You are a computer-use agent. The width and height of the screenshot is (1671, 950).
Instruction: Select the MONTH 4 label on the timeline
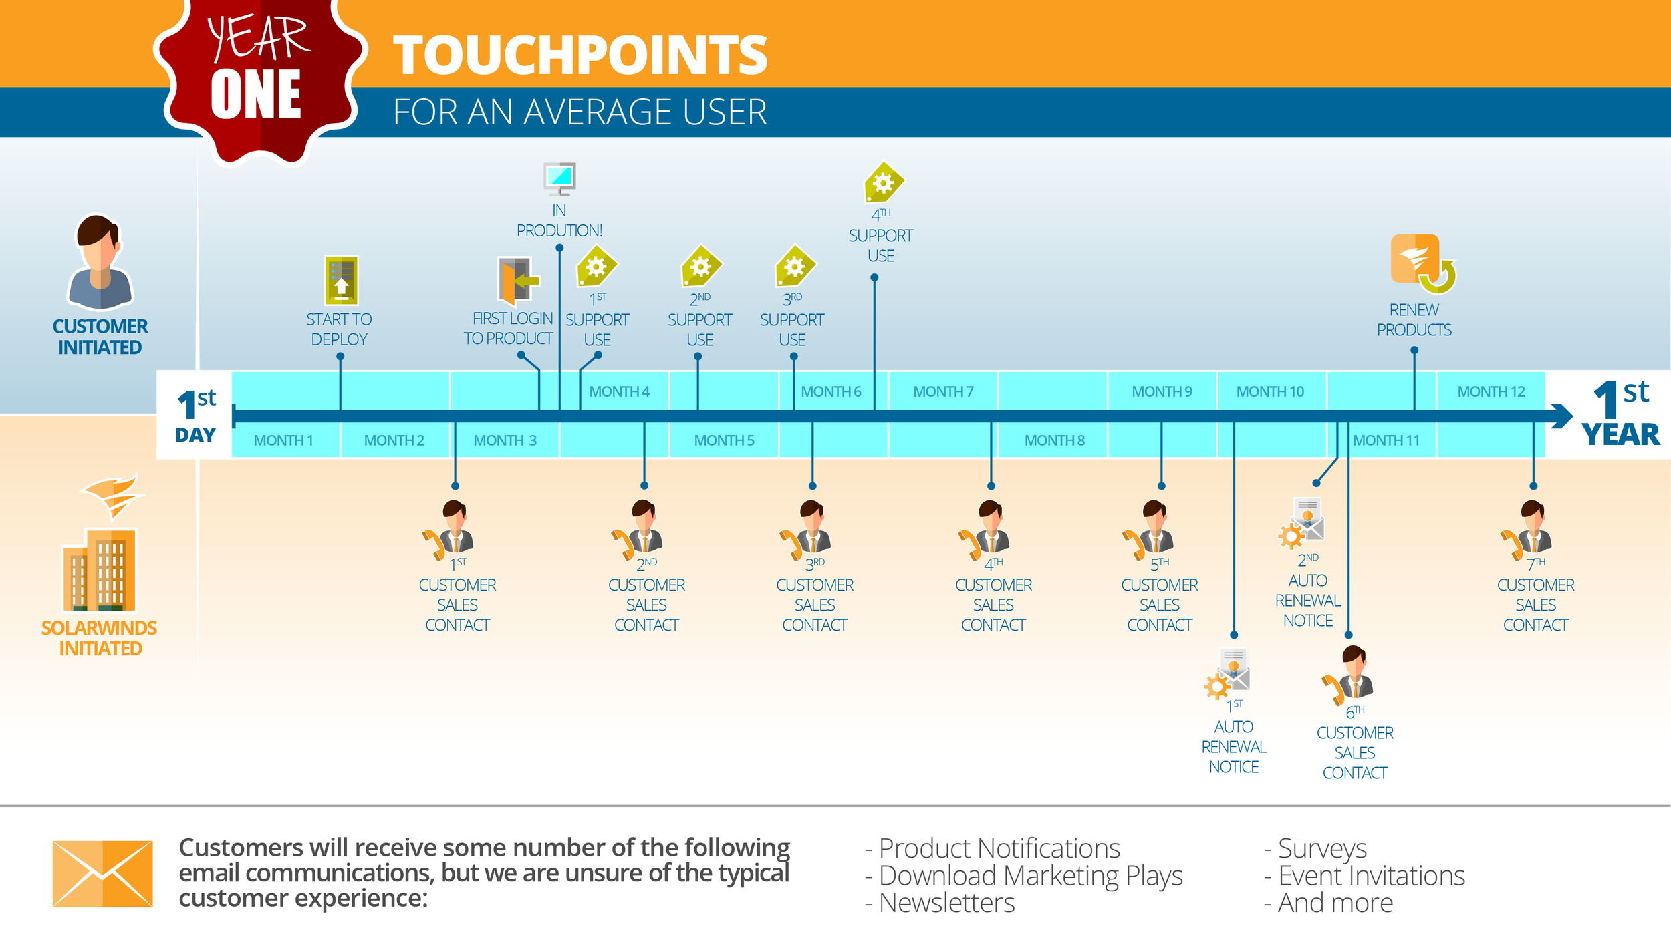tap(619, 391)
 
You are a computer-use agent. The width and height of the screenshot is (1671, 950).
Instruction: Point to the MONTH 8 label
tap(1054, 440)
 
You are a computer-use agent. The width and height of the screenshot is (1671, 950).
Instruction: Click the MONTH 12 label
tap(1491, 391)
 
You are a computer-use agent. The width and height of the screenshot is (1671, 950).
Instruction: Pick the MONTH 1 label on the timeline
tap(283, 440)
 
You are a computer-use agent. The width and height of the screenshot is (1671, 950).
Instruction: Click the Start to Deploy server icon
tap(341, 281)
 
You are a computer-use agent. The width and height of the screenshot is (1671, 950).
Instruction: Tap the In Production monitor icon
tap(559, 178)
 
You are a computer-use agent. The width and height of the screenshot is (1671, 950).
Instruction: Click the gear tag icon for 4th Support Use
tap(883, 182)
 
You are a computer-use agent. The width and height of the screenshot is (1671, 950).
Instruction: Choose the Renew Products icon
tap(1421, 264)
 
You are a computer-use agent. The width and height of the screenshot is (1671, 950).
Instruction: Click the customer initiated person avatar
tap(100, 262)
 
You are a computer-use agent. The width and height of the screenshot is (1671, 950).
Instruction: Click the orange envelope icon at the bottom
tap(103, 873)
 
